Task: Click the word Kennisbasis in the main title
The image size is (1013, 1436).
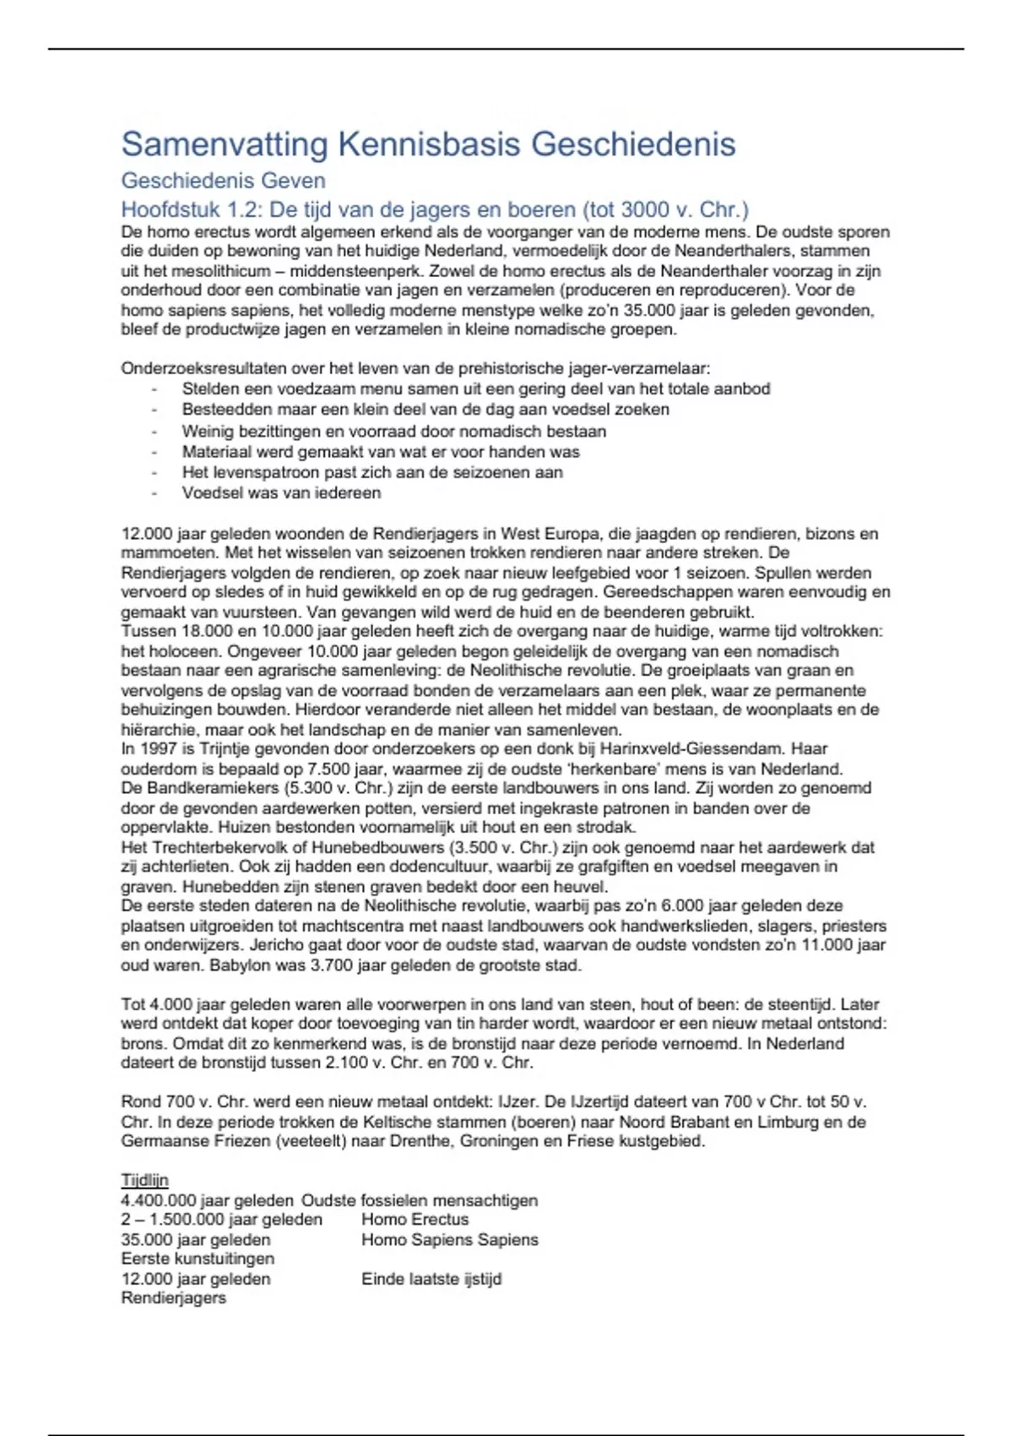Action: [428, 144]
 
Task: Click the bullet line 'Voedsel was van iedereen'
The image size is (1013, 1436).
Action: [281, 493]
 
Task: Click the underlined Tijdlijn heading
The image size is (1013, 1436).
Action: [144, 1181]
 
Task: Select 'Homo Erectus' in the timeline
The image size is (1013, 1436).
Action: [414, 1220]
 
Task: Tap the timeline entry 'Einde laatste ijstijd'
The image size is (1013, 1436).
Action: [431, 1279]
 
